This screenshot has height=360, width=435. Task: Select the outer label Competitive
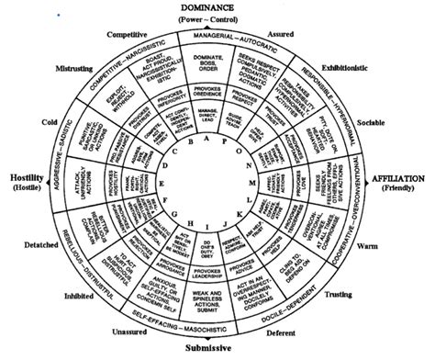pos(128,35)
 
